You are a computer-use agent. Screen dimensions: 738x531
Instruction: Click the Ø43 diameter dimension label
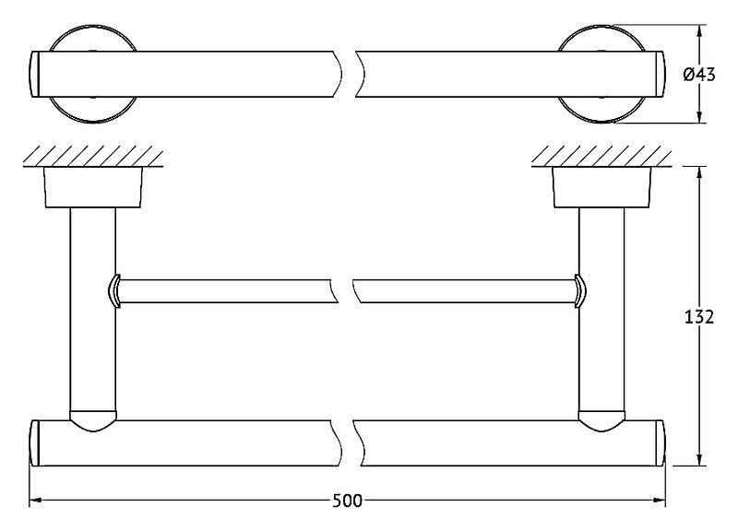point(699,75)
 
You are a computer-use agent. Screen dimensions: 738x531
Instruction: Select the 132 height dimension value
point(699,317)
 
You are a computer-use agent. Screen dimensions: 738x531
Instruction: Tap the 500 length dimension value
point(348,501)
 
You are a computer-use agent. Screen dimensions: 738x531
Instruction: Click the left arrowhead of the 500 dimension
point(36,501)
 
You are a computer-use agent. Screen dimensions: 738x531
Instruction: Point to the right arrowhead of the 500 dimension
point(659,501)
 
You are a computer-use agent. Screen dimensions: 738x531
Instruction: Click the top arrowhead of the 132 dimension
point(699,173)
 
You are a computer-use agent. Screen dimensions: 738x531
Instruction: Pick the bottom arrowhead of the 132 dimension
point(699,459)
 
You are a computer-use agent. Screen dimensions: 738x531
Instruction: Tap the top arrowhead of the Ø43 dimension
point(699,31)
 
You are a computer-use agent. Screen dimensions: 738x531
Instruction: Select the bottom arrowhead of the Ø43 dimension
point(699,116)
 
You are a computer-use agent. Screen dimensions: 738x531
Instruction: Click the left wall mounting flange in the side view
point(93,187)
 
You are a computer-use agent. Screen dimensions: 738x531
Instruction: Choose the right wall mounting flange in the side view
point(601,187)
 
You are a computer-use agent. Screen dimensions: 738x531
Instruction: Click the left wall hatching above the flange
point(93,156)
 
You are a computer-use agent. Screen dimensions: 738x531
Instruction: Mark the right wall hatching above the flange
point(601,156)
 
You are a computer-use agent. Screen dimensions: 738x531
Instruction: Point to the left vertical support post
point(93,311)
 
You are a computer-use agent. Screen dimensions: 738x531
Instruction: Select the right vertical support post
point(601,311)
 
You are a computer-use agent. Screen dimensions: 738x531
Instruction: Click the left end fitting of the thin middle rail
point(114,291)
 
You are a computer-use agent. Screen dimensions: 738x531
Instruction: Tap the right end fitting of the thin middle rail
point(580,291)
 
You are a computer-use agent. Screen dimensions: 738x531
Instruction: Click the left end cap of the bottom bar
point(34,443)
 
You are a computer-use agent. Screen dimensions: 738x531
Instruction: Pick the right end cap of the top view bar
point(661,75)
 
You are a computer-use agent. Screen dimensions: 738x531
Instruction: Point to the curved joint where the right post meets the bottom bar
point(601,421)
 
